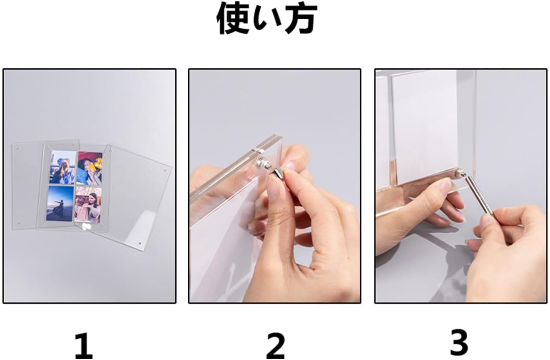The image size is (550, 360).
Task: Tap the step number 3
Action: (x=459, y=342)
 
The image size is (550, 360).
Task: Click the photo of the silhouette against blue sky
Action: (x=60, y=203)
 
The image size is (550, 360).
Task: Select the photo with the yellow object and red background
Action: (x=90, y=168)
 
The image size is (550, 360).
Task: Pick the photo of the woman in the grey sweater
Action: (x=88, y=205)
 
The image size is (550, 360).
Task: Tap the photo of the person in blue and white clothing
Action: (x=63, y=167)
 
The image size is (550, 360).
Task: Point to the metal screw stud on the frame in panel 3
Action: (x=458, y=174)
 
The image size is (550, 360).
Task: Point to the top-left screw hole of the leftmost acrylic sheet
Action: (x=18, y=149)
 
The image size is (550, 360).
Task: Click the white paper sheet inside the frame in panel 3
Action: (x=425, y=128)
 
